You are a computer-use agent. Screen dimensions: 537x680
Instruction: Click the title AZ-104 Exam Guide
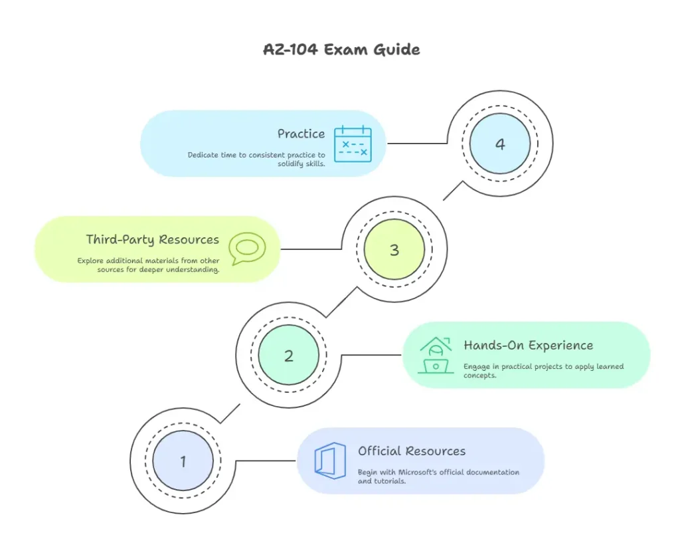[x=341, y=49]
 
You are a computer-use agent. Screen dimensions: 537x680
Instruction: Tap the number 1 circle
[x=183, y=461]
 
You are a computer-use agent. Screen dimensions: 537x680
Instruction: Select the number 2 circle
[x=288, y=356]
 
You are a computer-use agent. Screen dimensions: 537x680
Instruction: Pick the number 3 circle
[x=394, y=250]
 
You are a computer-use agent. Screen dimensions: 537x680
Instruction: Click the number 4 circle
[x=499, y=144]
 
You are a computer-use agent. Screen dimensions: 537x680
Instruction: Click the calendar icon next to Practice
[x=353, y=144]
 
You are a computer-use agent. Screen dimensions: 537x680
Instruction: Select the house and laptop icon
[x=436, y=355]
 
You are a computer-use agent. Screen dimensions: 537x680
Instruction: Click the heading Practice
[x=301, y=134]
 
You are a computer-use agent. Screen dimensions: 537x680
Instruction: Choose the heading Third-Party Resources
[x=152, y=239]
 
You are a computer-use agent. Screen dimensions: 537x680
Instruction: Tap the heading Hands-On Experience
[x=528, y=346]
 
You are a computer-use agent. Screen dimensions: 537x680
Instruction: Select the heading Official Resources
[x=412, y=451]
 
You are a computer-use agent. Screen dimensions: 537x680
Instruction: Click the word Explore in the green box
[x=90, y=261]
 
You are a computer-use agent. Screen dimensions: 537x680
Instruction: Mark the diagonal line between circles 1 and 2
[x=230, y=413]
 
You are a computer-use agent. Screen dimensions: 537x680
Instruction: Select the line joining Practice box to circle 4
[x=417, y=143]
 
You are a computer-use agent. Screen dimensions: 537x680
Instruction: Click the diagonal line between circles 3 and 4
[x=452, y=191]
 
